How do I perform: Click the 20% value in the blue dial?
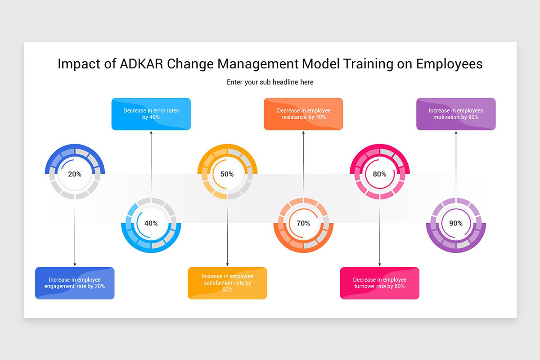[75, 174]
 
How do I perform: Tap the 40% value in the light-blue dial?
[151, 223]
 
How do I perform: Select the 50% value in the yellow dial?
[227, 174]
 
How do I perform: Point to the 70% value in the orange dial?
[303, 223]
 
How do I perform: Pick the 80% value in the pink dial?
[379, 174]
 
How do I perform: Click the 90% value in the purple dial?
[456, 223]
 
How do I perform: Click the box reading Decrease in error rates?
[151, 114]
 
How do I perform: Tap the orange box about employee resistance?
[303, 114]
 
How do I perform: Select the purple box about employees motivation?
[456, 114]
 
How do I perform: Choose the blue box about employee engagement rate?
[75, 283]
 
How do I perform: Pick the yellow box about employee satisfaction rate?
[227, 283]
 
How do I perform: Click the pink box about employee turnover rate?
[379, 283]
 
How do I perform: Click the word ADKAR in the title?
[142, 64]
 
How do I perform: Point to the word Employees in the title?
[449, 64]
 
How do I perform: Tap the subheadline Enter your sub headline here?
[270, 82]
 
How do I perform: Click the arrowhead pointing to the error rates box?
[151, 133]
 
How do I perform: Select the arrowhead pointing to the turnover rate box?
[379, 264]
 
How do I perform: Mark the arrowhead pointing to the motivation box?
[456, 133]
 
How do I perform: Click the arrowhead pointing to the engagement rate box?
[75, 264]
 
